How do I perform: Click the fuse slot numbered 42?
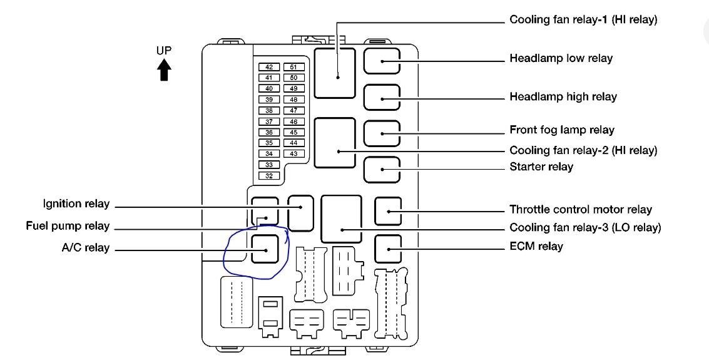click(268, 67)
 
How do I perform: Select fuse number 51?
click(293, 67)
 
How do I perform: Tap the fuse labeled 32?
click(268, 176)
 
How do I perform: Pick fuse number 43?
click(293, 154)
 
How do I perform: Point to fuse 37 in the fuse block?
click(268, 121)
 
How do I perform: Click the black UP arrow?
click(164, 70)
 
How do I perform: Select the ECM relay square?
click(388, 249)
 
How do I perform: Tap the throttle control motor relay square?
click(388, 211)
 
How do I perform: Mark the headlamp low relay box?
click(381, 61)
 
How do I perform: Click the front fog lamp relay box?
click(381, 133)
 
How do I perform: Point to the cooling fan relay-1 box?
click(335, 73)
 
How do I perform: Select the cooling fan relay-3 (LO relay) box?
click(341, 219)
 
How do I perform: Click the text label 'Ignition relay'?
click(76, 204)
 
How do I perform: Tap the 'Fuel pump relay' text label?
click(68, 226)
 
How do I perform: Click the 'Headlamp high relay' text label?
click(563, 97)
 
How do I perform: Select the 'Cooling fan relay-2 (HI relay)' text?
click(583, 151)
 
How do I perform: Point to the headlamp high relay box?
click(381, 98)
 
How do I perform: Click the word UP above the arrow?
click(164, 50)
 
